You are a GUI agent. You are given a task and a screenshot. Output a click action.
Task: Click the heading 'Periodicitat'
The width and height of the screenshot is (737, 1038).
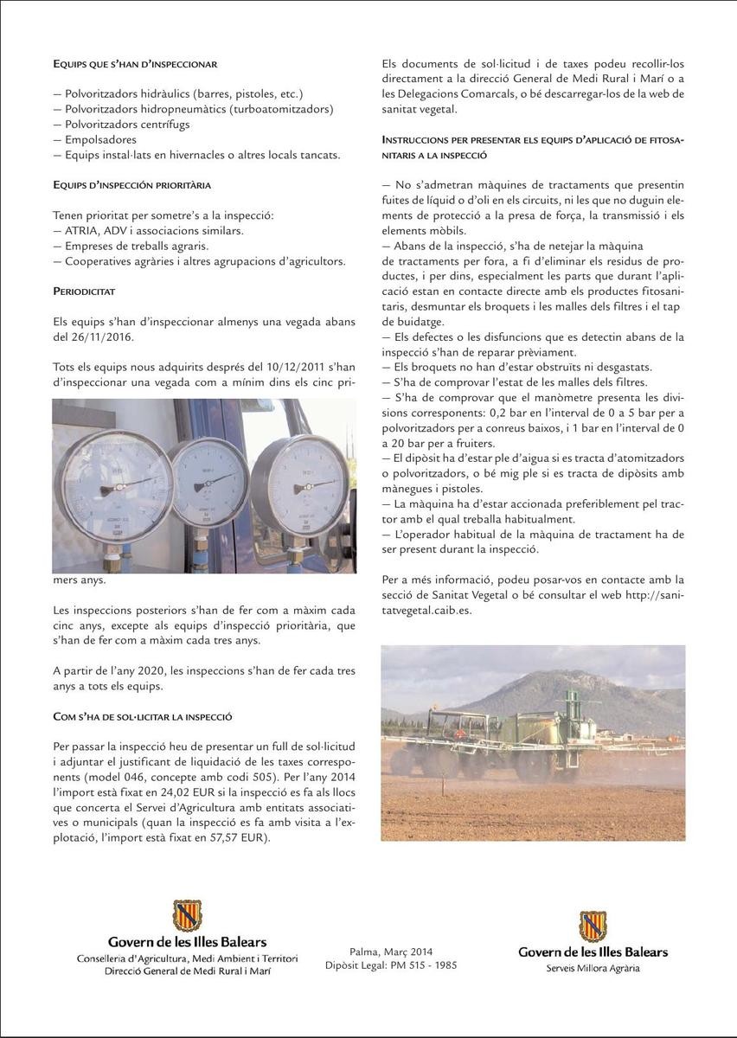[x=84, y=292]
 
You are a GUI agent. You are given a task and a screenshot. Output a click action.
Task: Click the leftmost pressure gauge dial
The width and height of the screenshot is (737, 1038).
[x=115, y=486]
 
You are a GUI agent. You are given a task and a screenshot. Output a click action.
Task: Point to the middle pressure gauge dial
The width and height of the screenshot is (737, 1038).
[x=209, y=481]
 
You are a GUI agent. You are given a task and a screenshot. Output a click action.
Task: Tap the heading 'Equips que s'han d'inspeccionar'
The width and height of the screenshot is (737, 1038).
[x=135, y=64]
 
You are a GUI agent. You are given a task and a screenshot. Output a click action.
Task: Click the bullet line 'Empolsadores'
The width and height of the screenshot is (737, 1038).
[x=100, y=139]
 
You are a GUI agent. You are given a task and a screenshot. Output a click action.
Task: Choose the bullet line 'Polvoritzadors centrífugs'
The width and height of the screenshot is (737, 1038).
[x=126, y=124]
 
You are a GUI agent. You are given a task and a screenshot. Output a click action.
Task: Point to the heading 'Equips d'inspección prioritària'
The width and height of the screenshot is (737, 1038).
[x=131, y=185]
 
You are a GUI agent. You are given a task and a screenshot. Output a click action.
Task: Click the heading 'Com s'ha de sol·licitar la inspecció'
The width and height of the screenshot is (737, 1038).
[x=142, y=717]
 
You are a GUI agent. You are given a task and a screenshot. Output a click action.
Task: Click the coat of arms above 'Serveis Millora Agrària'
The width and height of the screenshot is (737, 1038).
[x=593, y=926]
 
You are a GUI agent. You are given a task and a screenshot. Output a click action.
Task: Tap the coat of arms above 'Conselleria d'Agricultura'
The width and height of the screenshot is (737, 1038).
[x=187, y=915]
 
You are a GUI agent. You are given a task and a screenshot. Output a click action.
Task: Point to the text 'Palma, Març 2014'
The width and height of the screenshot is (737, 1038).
[x=391, y=951]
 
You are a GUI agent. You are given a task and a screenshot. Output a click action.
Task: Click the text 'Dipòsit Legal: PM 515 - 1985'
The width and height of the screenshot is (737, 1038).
[x=391, y=965]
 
